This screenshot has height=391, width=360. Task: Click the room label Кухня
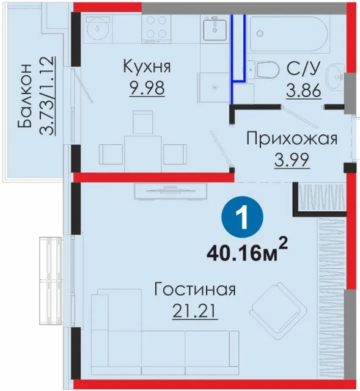[x=147, y=67]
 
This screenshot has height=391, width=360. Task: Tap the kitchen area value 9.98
[x=147, y=88]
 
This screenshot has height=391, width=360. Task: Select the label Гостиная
[x=195, y=289]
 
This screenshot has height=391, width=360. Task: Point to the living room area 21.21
[x=195, y=311]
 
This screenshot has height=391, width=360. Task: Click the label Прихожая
[x=292, y=139]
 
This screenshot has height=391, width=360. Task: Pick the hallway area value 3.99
[x=292, y=160]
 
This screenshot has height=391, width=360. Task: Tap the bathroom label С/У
[x=303, y=67]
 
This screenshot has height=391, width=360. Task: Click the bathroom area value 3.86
[x=303, y=90]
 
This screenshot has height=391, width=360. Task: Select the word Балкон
[x=24, y=95]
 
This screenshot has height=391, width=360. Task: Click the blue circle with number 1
[x=243, y=217]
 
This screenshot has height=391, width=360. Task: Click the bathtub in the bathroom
[x=289, y=34]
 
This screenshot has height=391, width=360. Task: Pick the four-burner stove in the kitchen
[x=156, y=29]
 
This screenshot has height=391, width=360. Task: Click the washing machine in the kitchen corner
[x=98, y=29]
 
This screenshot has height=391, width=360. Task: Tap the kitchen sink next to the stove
[x=215, y=29]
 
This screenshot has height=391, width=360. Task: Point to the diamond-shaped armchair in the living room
[x=280, y=311]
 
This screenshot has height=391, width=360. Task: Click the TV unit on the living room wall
[x=171, y=191]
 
